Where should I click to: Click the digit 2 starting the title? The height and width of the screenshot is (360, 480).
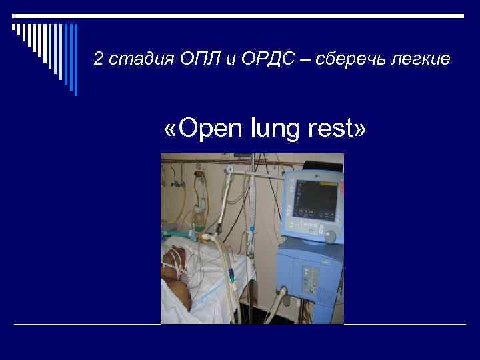pos(98,60)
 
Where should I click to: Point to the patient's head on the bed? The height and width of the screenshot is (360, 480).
pos(175,263)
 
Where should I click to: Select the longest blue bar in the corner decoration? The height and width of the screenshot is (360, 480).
pos(75,60)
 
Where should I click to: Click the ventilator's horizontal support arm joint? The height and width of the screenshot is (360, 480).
pos(229,171)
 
